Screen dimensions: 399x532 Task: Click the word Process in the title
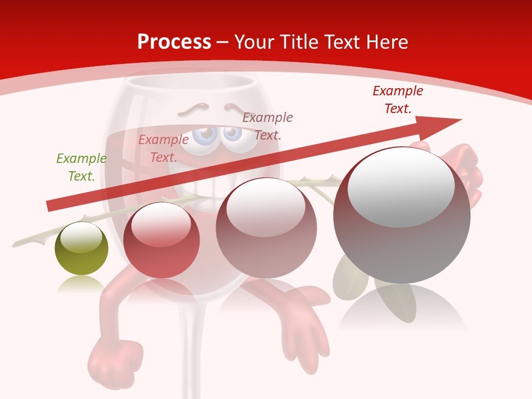(174, 42)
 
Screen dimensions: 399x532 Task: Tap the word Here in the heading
(385, 42)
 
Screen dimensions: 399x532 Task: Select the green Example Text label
(81, 167)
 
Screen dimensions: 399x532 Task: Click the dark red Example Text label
(398, 100)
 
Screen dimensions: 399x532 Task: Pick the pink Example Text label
(163, 149)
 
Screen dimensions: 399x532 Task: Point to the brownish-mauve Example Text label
(268, 126)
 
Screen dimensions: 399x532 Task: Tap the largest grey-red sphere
(402, 216)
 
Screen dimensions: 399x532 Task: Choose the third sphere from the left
(267, 228)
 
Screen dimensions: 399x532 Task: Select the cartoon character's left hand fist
(111, 360)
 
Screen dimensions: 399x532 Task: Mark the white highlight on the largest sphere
(401, 186)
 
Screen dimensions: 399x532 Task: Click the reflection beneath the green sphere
(81, 284)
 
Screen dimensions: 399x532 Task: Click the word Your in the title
(253, 42)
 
